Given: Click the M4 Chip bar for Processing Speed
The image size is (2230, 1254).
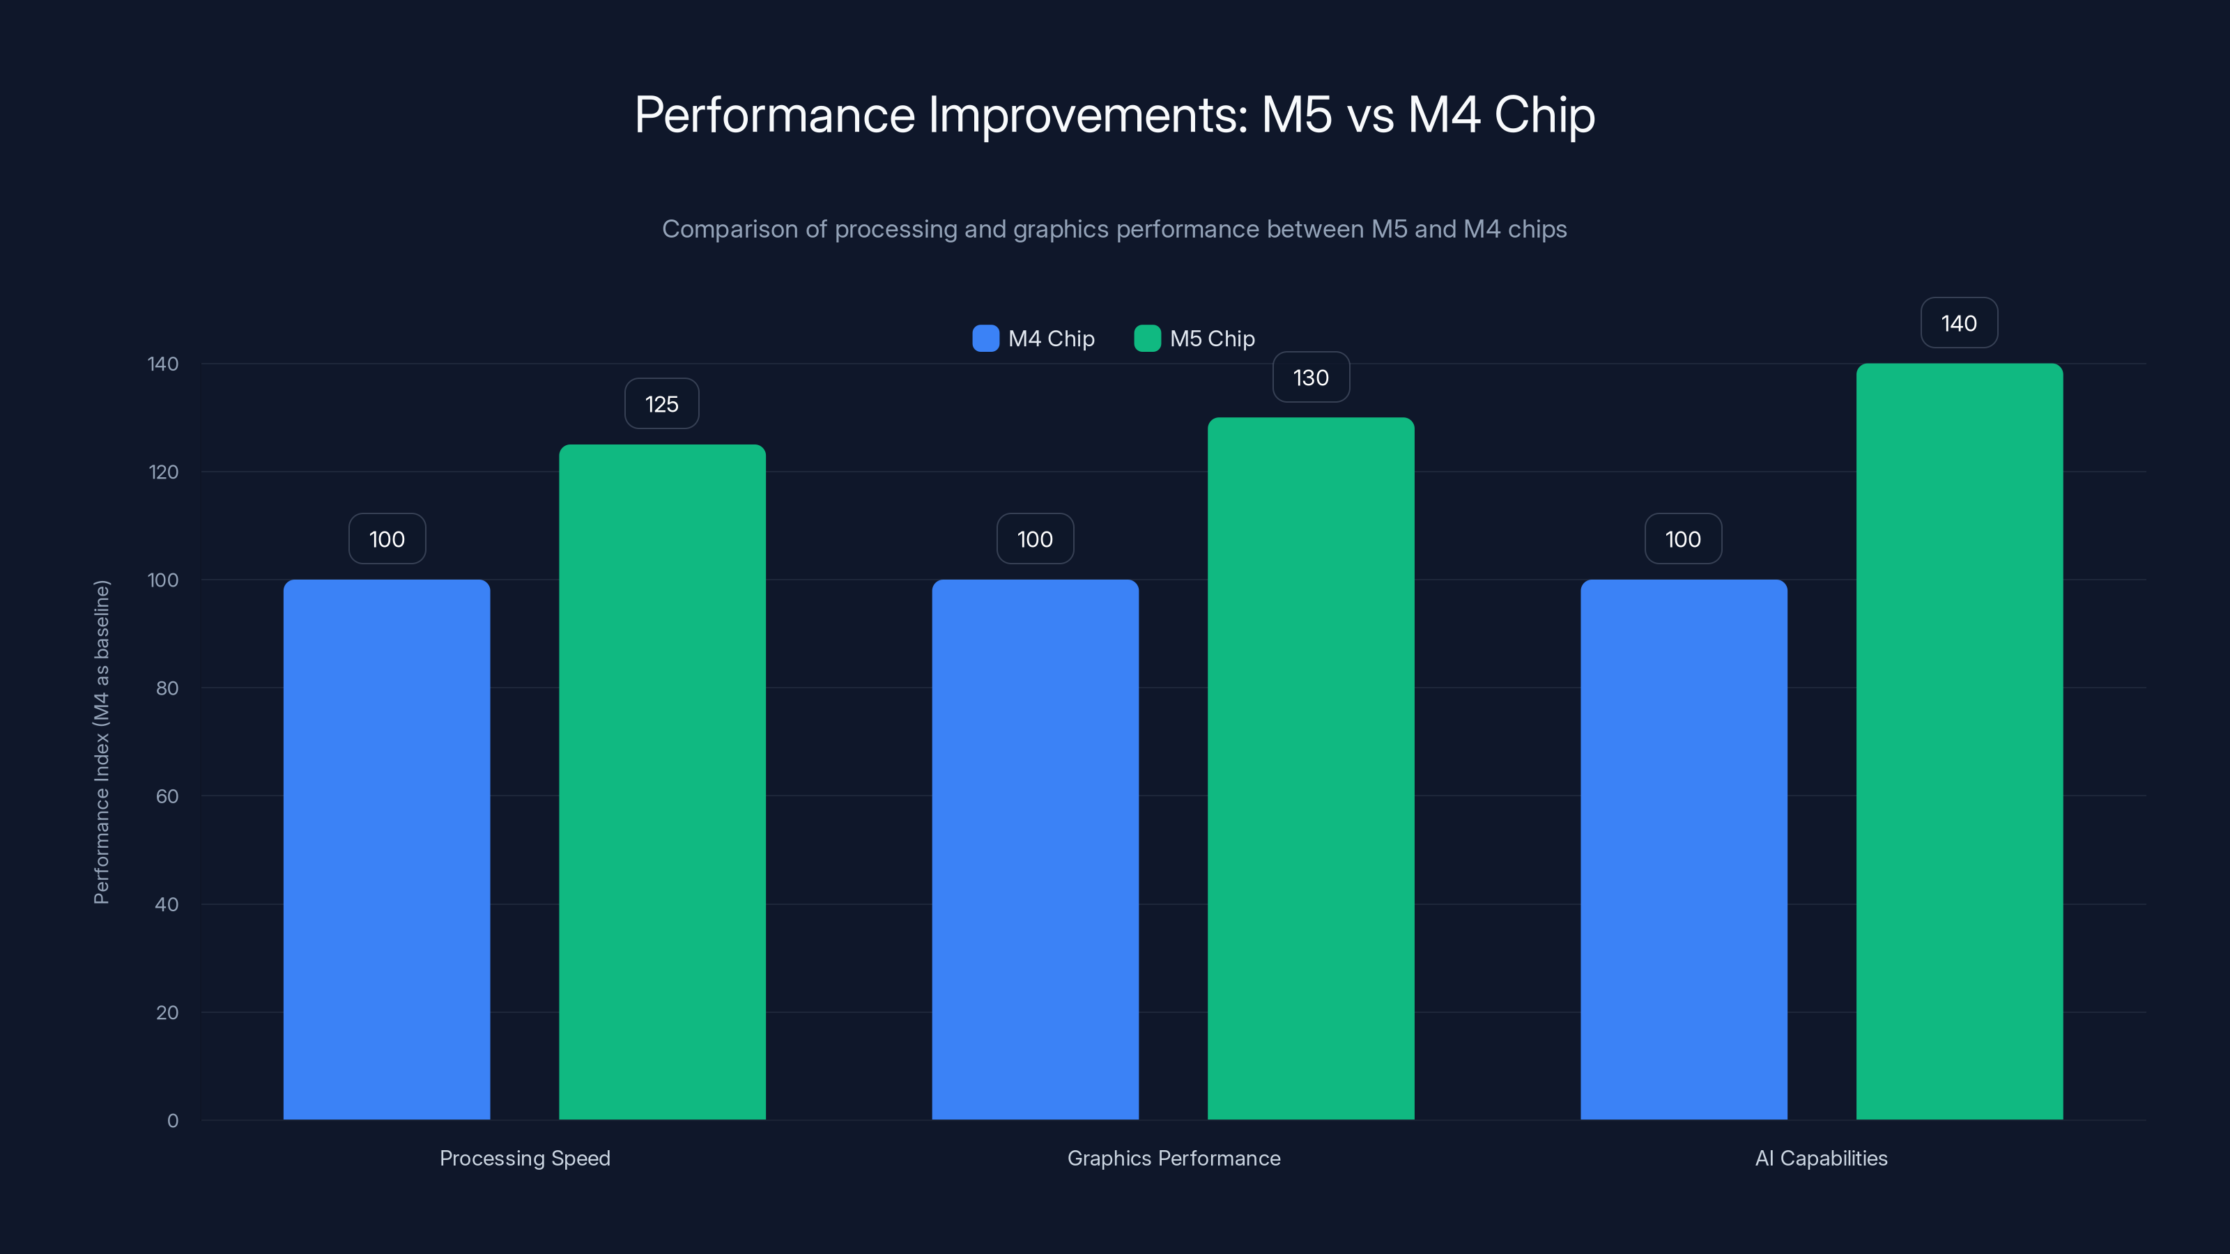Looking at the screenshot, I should coord(386,849).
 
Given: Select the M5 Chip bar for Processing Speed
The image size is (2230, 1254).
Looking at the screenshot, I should coord(662,782).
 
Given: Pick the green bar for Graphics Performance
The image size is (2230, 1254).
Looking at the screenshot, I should coord(1311,768).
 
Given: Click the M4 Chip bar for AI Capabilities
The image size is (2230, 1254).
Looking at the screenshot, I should coord(1683,849).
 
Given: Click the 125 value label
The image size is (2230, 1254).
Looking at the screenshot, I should coord(661,404).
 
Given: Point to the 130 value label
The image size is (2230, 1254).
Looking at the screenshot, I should coord(1311,378).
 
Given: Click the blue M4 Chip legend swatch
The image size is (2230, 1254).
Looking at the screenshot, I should coord(985,339).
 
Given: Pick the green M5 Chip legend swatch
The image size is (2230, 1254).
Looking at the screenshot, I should coord(1147,339).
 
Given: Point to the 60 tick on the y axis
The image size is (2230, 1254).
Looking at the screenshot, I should coord(167,796).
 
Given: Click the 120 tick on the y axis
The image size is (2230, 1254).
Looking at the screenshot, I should coord(164,472).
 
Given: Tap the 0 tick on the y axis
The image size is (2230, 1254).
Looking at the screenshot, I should coord(173,1121).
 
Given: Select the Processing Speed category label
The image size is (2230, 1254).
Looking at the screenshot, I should coord(525,1158).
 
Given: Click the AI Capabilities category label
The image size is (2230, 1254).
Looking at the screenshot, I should coord(1822,1158).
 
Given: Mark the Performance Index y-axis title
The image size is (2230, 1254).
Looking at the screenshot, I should coord(101,742).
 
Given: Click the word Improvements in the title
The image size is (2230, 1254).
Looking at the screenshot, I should coord(1087,114).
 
